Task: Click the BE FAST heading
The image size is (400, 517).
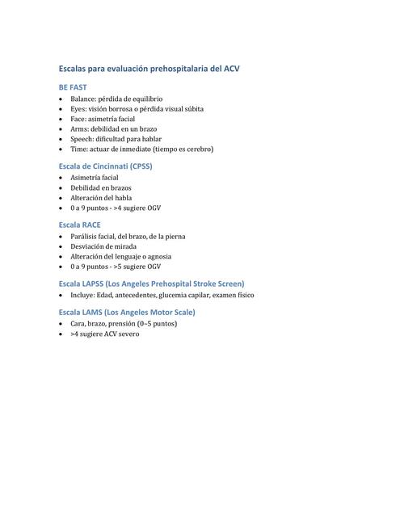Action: click(73, 86)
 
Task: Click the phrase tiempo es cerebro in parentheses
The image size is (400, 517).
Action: click(183, 149)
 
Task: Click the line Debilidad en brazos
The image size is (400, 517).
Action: click(101, 187)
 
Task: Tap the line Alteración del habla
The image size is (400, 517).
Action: click(101, 197)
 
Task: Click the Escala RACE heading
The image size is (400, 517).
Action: click(80, 225)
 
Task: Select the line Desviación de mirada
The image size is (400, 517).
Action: click(103, 246)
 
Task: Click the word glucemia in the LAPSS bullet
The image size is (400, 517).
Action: click(186, 296)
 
